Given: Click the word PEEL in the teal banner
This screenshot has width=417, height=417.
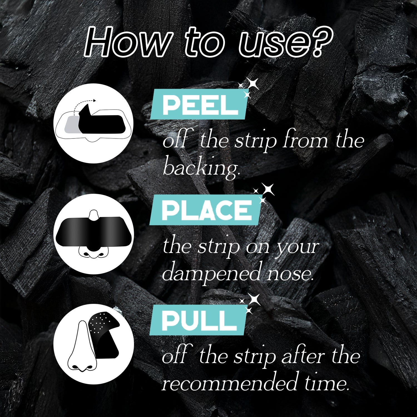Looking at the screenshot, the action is coord(200,105).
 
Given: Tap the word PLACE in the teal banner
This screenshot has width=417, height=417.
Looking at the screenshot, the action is coord(207,210).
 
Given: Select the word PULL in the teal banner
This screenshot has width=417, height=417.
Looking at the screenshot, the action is coord(199,320).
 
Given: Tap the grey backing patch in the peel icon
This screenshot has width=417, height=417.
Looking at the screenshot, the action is coord(72,124).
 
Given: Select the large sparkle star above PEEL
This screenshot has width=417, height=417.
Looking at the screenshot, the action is coord(252,84).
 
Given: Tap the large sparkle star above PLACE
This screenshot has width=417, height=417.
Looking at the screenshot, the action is coord(268,189).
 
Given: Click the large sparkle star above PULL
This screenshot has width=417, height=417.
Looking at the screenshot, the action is coord(254,299).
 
